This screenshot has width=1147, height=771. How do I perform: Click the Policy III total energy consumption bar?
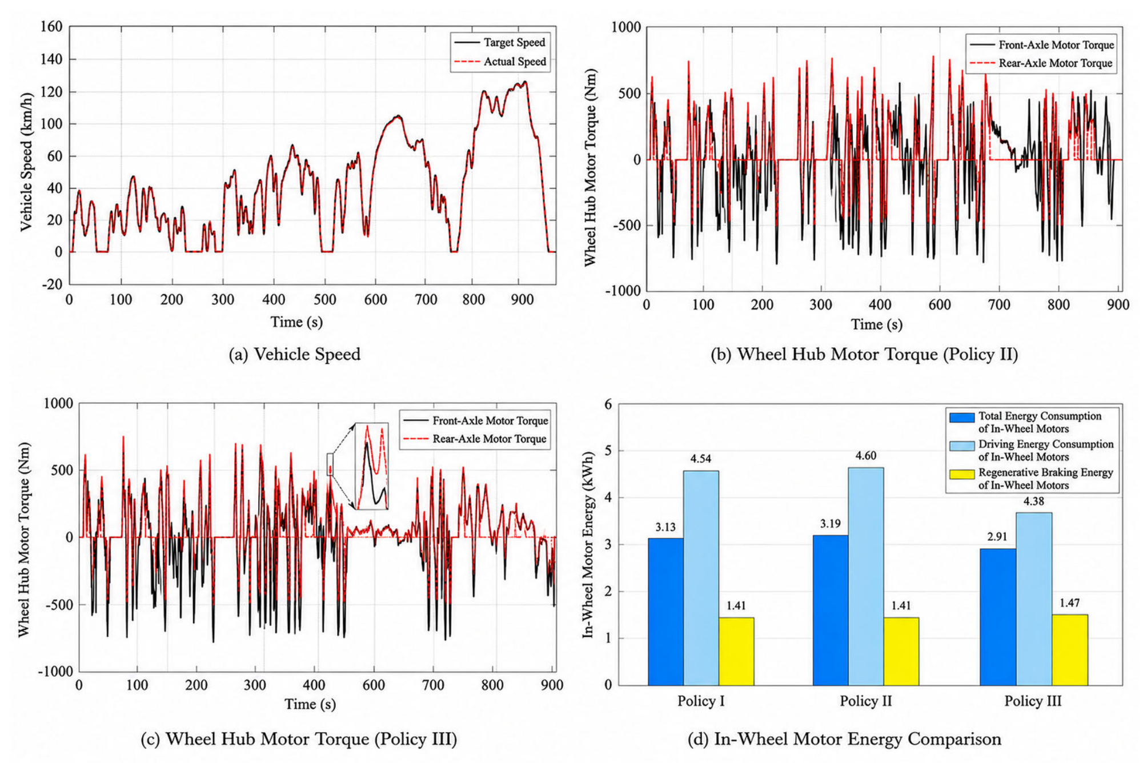998,617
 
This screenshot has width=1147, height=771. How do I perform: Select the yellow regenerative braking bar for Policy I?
736,651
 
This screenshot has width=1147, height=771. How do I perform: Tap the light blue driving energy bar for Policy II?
866,576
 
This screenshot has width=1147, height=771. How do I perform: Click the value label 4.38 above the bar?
1033,501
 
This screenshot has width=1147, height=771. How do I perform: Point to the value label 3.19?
830,524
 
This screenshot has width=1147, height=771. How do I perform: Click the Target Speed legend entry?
499,42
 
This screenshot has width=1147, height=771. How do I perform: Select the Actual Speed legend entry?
500,61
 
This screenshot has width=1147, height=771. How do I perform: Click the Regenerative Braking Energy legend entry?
1032,479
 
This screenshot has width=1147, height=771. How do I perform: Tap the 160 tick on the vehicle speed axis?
51,26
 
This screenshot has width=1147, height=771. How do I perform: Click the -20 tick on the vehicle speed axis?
53,284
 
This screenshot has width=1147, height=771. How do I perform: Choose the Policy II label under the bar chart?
865,701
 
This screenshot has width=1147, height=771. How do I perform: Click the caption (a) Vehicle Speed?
295,355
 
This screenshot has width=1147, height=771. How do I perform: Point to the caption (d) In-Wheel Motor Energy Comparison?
844,739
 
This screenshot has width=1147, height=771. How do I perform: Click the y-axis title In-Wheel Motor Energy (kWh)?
589,544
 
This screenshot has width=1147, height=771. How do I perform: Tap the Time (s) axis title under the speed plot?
297,322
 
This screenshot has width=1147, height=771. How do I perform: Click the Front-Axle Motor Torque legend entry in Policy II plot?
1041,45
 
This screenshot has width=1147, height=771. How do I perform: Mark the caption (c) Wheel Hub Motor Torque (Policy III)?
299,739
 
